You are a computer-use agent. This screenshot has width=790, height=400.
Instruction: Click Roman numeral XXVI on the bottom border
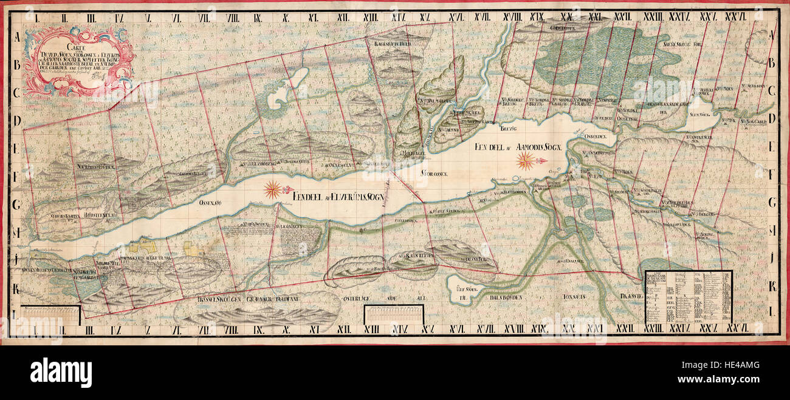pos(736,330)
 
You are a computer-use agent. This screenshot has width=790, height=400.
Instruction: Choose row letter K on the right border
pos(772,286)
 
